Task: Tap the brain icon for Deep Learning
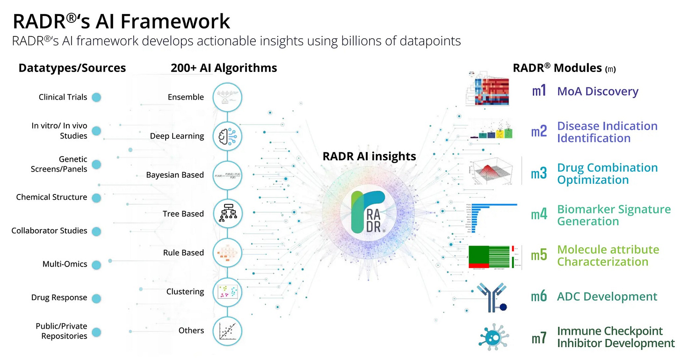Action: click(227, 136)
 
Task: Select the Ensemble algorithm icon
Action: click(227, 97)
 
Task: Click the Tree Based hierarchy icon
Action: click(227, 214)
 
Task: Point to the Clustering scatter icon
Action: click(227, 291)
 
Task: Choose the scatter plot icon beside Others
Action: click(227, 330)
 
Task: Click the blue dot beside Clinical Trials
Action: click(96, 97)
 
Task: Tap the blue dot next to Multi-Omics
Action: click(96, 265)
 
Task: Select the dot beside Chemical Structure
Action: click(96, 197)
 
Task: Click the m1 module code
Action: click(539, 91)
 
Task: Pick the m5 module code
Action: click(539, 256)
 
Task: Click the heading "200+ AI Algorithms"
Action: click(224, 68)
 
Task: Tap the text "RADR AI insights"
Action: click(369, 156)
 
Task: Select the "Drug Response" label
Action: click(59, 298)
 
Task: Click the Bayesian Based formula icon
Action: click(227, 175)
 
